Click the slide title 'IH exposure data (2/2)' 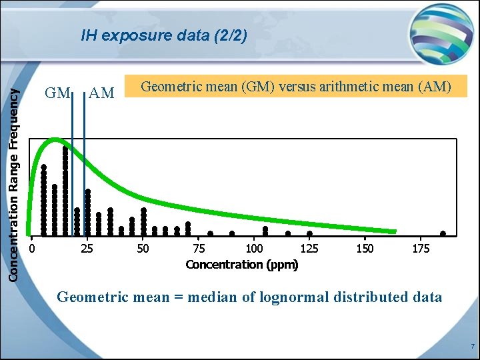164,35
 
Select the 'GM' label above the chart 57,93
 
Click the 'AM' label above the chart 101,93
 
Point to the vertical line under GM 72,167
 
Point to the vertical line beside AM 84,167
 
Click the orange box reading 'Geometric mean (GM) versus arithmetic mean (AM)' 296,86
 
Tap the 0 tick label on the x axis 33,249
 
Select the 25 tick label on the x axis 87,249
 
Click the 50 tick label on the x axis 143,249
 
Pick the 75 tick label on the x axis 199,249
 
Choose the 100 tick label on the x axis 254,249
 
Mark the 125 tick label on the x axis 309,249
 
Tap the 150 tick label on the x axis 365,249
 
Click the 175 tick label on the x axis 420,249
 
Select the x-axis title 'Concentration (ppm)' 242,265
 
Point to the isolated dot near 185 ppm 443,233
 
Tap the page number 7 472,347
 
